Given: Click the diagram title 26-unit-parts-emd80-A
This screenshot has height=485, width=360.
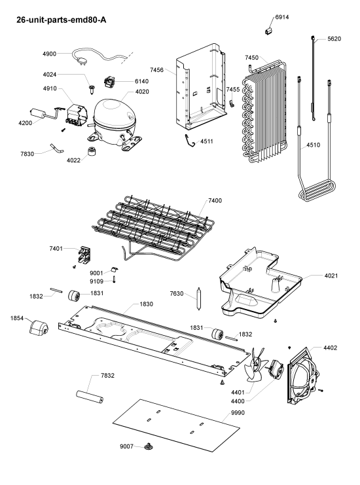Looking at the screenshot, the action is [x=62, y=20].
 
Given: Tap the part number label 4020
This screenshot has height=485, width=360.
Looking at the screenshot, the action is [x=142, y=92].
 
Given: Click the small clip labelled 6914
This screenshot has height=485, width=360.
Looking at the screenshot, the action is [x=268, y=30].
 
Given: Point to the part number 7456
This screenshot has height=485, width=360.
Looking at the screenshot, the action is [x=157, y=70].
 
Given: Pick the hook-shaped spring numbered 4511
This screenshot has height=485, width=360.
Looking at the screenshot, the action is [x=190, y=141].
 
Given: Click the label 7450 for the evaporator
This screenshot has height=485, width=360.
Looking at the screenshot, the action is [x=252, y=58].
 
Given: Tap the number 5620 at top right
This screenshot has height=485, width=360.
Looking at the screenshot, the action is [x=334, y=39].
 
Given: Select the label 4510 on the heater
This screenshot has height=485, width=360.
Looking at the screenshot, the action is [x=314, y=145].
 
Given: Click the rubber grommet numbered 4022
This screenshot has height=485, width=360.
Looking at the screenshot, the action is [x=91, y=152].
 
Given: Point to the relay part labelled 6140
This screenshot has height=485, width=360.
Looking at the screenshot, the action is [x=109, y=82].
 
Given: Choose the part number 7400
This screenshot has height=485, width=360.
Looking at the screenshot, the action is [x=215, y=201].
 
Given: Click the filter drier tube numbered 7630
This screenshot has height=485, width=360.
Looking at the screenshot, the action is [x=199, y=298].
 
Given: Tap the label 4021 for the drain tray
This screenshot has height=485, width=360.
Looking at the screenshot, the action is [x=331, y=276].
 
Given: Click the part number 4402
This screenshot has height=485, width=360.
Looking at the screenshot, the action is [x=331, y=348].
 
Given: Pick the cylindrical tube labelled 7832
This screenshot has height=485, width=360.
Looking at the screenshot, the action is [x=90, y=397].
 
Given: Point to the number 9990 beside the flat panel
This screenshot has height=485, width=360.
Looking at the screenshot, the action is [x=238, y=413].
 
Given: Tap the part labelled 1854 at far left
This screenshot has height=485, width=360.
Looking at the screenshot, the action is [x=39, y=328].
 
